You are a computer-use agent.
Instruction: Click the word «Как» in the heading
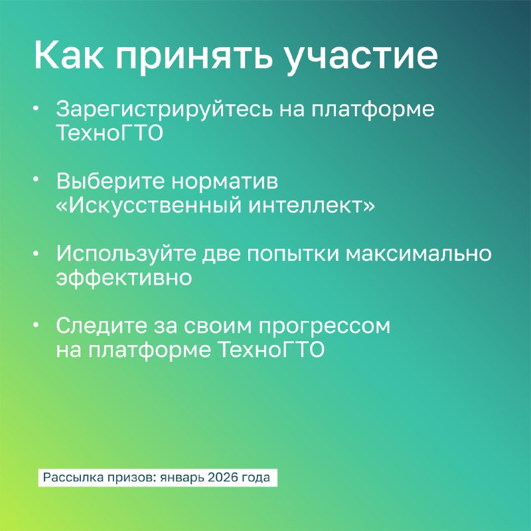click(x=69, y=55)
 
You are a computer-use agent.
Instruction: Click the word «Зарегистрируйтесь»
click(x=164, y=110)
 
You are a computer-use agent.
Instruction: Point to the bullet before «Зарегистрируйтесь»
click(x=37, y=108)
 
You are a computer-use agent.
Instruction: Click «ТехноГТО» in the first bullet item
click(x=110, y=132)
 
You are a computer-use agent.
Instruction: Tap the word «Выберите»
click(x=110, y=181)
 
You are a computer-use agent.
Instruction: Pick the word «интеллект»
click(x=307, y=206)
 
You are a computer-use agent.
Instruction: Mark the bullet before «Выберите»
click(x=37, y=180)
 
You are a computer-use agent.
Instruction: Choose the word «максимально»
click(x=418, y=254)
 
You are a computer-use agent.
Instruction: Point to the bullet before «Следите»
click(x=37, y=325)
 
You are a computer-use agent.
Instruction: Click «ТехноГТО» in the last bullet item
click(x=271, y=350)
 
